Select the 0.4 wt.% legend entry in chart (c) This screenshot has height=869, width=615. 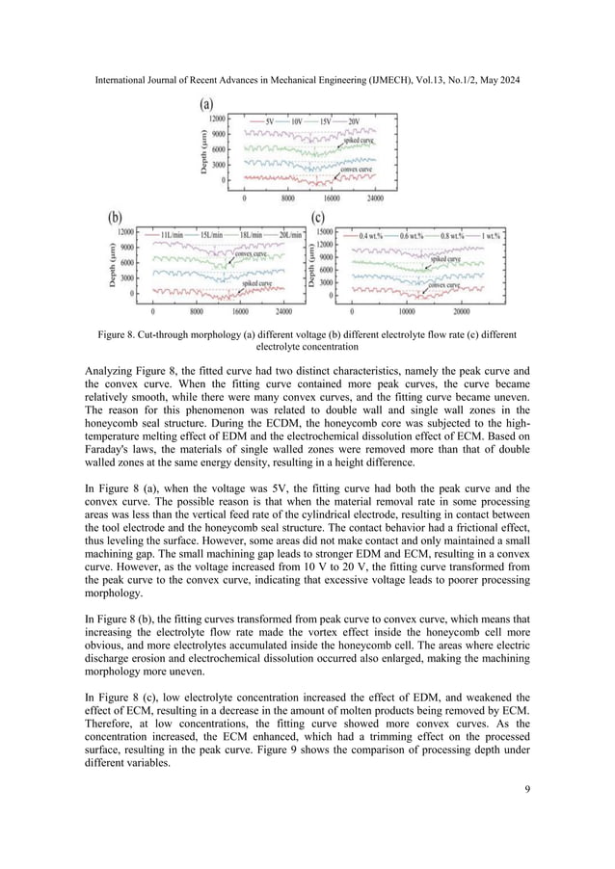point(374,234)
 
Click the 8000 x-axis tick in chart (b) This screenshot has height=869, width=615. point(197,311)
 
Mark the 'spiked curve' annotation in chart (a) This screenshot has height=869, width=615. point(359,141)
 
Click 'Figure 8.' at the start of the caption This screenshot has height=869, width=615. point(122,334)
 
